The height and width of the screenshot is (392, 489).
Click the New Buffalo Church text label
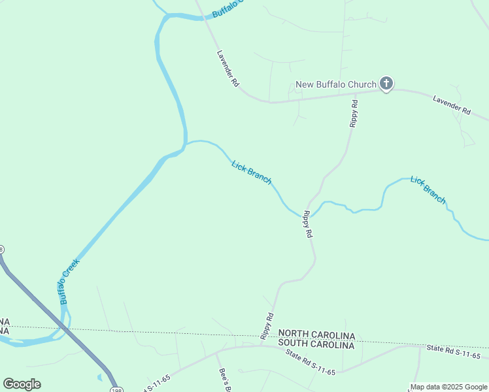tap(336, 84)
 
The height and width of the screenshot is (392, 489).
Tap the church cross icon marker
tap(386, 84)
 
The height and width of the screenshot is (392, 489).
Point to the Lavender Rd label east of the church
tap(452, 105)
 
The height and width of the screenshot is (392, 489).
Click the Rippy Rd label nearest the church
tap(354, 113)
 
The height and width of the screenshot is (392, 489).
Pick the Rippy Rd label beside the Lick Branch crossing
tap(307, 224)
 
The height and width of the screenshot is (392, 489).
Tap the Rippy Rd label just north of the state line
tap(266, 325)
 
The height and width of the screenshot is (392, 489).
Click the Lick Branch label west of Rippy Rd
tap(252, 172)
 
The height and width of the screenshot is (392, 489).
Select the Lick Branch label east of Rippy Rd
tap(428, 189)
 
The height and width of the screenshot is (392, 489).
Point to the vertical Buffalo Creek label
tap(69, 281)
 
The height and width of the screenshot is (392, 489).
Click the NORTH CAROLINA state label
tap(316, 335)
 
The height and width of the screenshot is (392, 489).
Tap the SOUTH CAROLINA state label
tap(316, 344)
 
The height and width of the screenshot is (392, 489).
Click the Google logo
tap(22, 384)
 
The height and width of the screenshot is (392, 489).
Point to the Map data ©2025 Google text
tap(448, 387)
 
